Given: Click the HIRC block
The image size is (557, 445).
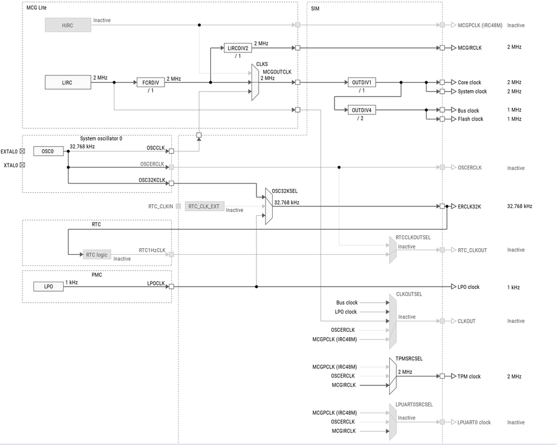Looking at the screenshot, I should click(67, 25).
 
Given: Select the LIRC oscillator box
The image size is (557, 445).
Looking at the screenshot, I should click(67, 83).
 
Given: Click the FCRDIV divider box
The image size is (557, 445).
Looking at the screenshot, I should click(150, 83).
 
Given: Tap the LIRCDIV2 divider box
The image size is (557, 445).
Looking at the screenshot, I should click(238, 48).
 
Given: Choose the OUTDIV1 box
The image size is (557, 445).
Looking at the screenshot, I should click(361, 83).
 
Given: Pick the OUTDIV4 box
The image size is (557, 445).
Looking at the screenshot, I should click(361, 110).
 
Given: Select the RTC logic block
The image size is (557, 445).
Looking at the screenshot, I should click(97, 255).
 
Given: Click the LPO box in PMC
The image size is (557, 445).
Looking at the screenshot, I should click(49, 287).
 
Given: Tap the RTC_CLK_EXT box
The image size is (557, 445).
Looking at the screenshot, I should click(204, 206).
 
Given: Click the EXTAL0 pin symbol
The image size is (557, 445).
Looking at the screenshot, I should click(22, 151).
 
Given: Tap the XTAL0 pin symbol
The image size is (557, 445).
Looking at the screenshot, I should click(22, 165).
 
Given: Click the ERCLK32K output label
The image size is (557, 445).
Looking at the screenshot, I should click(469, 206).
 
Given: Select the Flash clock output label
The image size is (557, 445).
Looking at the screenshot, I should click(470, 119).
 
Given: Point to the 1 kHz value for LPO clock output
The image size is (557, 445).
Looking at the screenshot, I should click(513, 287).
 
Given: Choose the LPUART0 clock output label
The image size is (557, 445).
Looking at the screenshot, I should click(474, 422).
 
